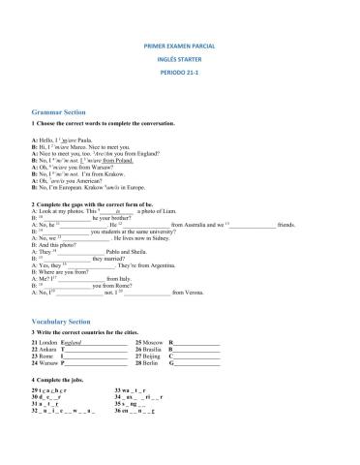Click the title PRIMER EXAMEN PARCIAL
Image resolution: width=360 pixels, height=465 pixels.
[x=179, y=46]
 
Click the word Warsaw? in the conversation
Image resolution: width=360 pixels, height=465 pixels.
[x=100, y=165]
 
